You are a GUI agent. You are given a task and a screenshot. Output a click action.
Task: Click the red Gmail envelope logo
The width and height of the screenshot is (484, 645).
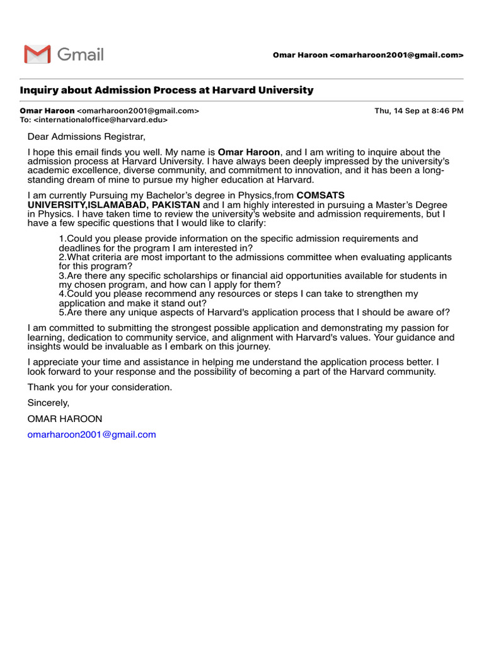pos(37,55)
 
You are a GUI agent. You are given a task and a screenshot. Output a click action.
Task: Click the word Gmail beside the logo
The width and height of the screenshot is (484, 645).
pos(81,55)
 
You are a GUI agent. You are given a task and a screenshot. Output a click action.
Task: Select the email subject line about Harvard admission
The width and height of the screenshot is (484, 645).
pos(166,90)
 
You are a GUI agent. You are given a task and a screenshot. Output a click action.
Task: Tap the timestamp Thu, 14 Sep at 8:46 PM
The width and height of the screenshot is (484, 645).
pos(419,111)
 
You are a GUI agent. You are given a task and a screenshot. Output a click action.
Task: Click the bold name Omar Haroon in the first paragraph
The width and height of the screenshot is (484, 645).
pos(248,152)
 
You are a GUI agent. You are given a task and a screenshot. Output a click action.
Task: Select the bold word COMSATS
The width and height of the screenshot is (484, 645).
pos(320,195)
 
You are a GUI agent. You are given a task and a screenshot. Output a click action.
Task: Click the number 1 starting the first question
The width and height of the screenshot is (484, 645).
pos(61,239)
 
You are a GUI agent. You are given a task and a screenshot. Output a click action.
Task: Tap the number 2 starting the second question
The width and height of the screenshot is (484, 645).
pos(61,257)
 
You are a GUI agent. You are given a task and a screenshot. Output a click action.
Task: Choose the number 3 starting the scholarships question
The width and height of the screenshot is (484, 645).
pos(61,276)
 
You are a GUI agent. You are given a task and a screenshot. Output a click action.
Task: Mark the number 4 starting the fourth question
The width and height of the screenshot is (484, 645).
pos(61,294)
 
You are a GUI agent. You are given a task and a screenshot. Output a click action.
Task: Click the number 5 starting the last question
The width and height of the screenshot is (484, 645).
pos(61,312)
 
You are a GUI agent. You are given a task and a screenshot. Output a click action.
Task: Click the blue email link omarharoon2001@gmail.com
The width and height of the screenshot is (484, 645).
pos(92,435)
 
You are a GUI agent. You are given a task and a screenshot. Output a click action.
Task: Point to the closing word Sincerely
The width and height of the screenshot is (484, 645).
pos(49,403)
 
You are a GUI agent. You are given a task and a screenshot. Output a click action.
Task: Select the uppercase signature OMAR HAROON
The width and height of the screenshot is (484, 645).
pos(65,419)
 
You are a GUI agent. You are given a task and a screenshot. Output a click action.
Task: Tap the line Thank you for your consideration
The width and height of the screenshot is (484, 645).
pos(100,387)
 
